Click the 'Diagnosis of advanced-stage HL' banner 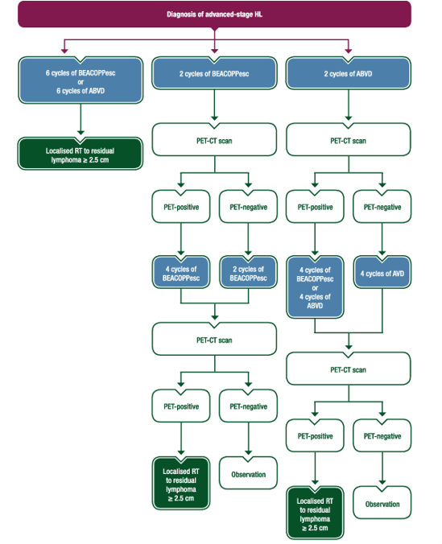pyautogui.click(x=214, y=14)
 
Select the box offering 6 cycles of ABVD pyautogui.click(x=81, y=80)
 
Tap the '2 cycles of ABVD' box pyautogui.click(x=349, y=73)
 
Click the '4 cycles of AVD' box pyautogui.click(x=382, y=272)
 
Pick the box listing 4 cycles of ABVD pyautogui.click(x=315, y=287)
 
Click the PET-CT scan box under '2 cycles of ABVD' pyautogui.click(x=349, y=139)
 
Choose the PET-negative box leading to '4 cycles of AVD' pyautogui.click(x=382, y=207)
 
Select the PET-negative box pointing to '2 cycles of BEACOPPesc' pyautogui.click(x=248, y=207)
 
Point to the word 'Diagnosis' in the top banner pyautogui.click(x=181, y=14)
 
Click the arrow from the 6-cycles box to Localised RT pyautogui.click(x=81, y=119)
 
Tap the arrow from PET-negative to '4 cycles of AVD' pyautogui.click(x=382, y=239)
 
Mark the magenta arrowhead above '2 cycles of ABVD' pyautogui.click(x=349, y=51)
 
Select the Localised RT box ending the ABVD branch pyautogui.click(x=315, y=513)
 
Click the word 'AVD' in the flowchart pyautogui.click(x=397, y=274)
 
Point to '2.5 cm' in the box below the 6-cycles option pyautogui.click(x=98, y=160)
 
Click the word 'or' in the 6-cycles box pyautogui.click(x=81, y=82)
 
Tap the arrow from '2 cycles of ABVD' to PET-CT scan pyautogui.click(x=349, y=105)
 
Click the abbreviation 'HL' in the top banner pyautogui.click(x=258, y=14)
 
